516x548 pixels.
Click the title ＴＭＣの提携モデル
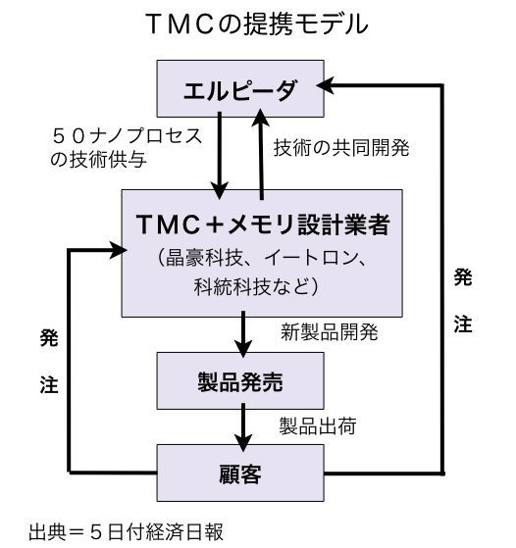tap(258, 24)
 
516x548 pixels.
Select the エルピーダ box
tap(240, 88)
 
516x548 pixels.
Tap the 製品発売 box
tap(240, 380)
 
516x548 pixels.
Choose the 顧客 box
tap(240, 473)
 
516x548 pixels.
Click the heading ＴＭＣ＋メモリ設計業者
tap(262, 224)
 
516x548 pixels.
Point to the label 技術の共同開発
tap(341, 147)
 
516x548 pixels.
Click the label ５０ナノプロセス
tap(127, 136)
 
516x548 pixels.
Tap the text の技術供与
tap(98, 160)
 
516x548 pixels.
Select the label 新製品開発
tap(330, 331)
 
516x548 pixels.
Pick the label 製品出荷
tap(318, 426)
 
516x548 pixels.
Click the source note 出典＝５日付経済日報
tap(126, 532)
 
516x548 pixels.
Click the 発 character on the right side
tap(463, 277)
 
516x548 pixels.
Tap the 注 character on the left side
tap(49, 385)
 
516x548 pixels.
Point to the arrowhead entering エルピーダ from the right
tap(325, 85)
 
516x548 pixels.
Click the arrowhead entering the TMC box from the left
tap(118, 250)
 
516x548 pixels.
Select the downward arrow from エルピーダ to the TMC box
tap(220, 156)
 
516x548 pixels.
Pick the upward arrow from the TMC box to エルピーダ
tap(261, 154)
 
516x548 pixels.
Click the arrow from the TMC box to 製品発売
tap(243, 334)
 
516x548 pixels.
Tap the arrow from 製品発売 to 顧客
tap(243, 427)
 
